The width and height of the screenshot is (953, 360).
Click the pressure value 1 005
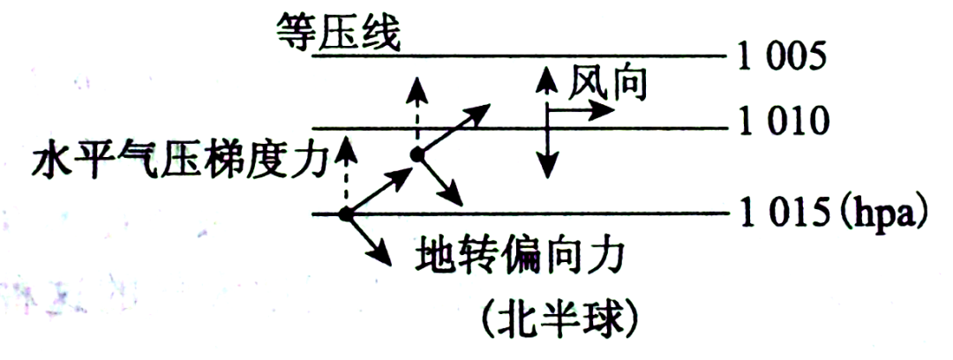click(x=783, y=57)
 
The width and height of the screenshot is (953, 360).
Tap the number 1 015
click(x=781, y=214)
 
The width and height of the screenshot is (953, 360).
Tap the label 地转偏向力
click(x=520, y=257)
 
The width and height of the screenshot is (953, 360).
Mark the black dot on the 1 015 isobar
click(x=346, y=214)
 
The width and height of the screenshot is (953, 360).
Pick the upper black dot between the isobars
click(x=417, y=154)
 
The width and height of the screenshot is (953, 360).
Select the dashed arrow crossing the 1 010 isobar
click(x=416, y=110)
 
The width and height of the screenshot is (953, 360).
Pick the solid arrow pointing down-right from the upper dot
click(x=439, y=180)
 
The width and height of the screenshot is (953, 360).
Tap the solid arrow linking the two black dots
click(x=379, y=185)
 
